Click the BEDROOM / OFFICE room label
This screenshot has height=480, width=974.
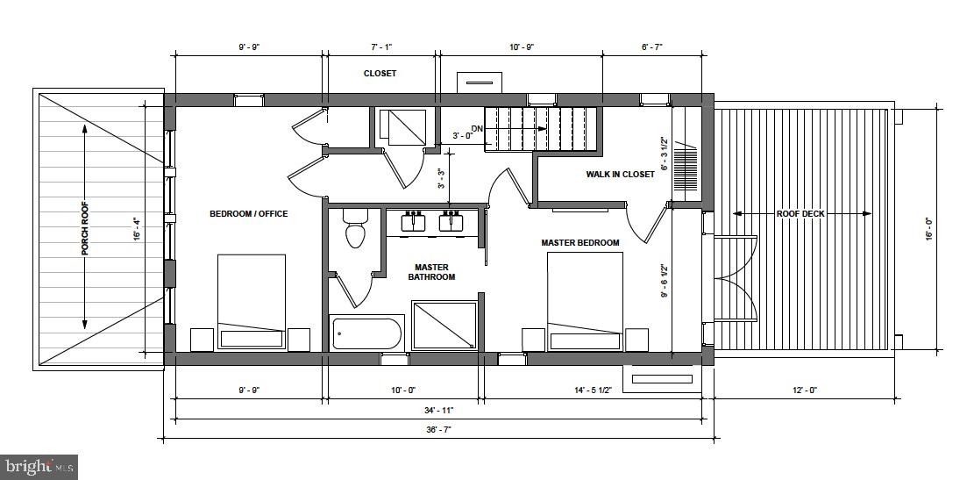pos(248,213)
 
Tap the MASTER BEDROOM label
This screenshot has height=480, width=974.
pos(579,243)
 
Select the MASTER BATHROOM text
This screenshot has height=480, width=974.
pos(430,272)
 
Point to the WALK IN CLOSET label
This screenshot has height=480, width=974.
pos(620,175)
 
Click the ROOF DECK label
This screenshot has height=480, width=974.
pos(800,214)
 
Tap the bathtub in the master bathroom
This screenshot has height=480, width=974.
pos(366,333)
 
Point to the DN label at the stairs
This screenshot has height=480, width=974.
pos(478,127)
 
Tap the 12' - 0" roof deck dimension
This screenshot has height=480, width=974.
pos(800,390)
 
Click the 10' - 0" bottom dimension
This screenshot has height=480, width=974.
pos(403,390)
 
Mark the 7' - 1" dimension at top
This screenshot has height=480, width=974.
pos(382,47)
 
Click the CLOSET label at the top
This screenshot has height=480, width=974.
pos(380,74)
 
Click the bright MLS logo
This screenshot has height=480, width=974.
pos(39,467)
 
